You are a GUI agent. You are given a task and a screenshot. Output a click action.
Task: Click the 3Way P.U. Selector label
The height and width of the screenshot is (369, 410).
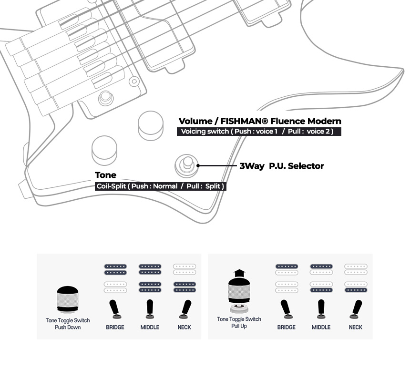tap(282, 166)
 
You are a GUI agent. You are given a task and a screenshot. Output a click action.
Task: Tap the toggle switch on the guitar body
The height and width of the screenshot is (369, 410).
tap(185, 164)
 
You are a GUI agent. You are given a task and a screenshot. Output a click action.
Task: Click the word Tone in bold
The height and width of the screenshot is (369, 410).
tap(105, 175)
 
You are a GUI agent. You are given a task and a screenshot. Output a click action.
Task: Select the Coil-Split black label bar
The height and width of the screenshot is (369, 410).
tap(160, 186)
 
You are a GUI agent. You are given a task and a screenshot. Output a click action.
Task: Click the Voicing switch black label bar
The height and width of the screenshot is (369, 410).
tap(259, 132)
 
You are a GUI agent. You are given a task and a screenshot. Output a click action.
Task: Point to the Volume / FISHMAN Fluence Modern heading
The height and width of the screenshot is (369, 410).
tap(260, 121)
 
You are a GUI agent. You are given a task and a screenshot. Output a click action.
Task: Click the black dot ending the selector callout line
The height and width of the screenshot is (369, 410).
tap(198, 166)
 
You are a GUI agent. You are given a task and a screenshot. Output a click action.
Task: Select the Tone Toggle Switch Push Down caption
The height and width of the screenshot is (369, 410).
tap(68, 324)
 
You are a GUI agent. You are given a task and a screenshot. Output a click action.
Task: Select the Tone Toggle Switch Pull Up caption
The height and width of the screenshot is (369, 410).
tap(239, 322)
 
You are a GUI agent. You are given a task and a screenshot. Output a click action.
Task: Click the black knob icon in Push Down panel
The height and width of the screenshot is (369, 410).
tap(68, 299)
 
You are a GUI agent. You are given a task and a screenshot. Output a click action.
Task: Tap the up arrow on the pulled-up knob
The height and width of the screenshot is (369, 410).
tap(239, 275)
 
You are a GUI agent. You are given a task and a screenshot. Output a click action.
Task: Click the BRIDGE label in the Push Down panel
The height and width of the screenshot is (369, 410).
tap(115, 327)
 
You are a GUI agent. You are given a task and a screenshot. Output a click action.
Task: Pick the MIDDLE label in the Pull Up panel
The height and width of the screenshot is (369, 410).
tap(321, 327)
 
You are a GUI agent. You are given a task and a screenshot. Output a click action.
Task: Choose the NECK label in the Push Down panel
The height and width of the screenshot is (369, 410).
tap(184, 327)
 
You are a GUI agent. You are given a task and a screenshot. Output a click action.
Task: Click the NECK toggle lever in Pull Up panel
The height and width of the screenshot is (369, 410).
tap(355, 309)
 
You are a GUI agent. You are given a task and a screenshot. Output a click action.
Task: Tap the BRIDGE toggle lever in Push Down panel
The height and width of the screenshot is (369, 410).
tap(115, 309)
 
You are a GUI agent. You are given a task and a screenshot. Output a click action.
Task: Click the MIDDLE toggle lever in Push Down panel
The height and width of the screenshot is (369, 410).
tap(150, 309)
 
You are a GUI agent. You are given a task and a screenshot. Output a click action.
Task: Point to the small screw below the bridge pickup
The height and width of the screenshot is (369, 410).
tap(104, 99)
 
